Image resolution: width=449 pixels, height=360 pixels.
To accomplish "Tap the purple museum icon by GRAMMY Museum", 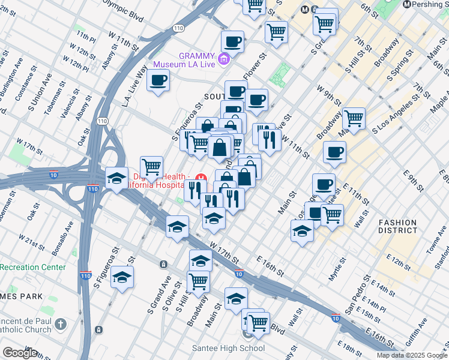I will [x=224, y=59].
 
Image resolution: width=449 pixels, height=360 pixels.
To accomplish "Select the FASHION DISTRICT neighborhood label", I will [x=397, y=226].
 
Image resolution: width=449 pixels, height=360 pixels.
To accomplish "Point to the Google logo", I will [x=20, y=353].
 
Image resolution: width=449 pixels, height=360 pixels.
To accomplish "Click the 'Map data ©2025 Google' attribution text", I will [x=412, y=355].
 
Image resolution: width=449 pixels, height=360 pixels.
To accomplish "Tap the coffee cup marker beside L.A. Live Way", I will [x=158, y=80].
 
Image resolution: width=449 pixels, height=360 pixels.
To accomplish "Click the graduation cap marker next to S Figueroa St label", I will [x=122, y=277].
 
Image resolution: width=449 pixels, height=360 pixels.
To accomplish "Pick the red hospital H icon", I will [x=201, y=178].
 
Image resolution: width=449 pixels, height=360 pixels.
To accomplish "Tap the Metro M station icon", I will [x=306, y=10].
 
